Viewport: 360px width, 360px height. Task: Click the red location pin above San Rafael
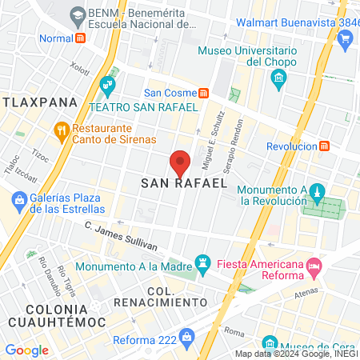(x=181, y=162)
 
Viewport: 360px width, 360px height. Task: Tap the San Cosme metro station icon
(x=205, y=92)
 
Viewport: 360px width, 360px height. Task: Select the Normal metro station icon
(x=80, y=38)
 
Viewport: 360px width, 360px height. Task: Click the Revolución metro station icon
(x=325, y=146)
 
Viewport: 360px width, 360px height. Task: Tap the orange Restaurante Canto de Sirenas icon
(x=61, y=130)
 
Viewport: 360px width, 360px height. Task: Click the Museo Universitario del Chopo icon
(x=278, y=78)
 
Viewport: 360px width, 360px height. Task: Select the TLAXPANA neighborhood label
(x=38, y=102)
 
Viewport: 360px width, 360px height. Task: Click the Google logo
(x=26, y=350)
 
